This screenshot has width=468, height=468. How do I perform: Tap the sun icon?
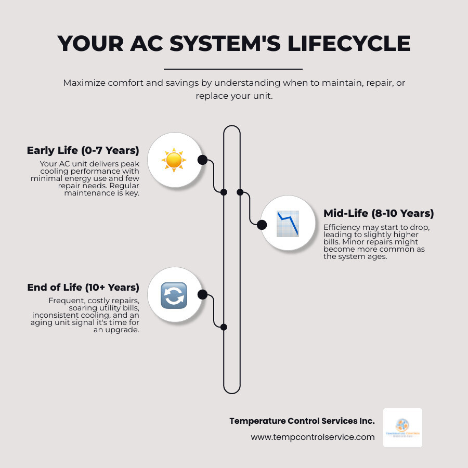(x=174, y=160)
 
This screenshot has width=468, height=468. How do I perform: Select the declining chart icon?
(x=287, y=224)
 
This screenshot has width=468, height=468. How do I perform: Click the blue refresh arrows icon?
(x=174, y=295)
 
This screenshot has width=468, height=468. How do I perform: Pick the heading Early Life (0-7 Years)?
(x=83, y=151)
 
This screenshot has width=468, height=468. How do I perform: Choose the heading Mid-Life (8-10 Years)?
(x=379, y=213)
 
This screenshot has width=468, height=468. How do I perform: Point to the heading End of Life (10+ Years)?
(x=83, y=288)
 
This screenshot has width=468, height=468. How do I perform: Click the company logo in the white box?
(x=402, y=427)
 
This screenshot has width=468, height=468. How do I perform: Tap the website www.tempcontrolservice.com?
(x=313, y=437)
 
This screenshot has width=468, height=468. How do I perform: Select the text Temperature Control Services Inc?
(x=302, y=421)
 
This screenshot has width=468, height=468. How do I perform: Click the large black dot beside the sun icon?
(x=203, y=160)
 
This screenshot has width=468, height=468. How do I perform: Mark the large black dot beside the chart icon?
(x=262, y=225)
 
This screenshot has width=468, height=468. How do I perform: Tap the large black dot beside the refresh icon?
(x=203, y=295)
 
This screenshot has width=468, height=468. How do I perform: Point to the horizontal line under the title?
(x=233, y=69)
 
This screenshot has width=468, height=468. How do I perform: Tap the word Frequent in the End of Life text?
(x=64, y=301)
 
